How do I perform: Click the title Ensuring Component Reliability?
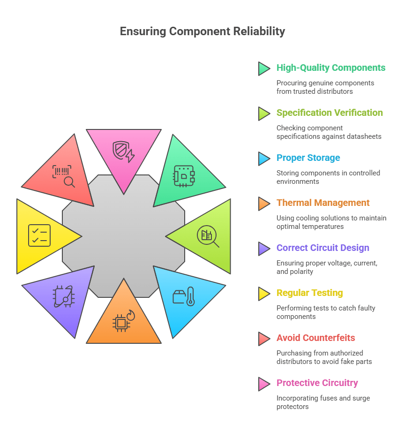202,31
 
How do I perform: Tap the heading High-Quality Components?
330,68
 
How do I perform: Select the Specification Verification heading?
329,113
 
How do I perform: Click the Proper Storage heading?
308,158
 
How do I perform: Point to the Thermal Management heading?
322,203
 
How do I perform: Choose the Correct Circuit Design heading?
322,248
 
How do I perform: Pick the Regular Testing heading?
309,293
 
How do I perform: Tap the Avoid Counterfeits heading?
315,338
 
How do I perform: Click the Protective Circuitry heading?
317,383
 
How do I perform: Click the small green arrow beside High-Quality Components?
263,68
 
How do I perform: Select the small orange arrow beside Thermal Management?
263,204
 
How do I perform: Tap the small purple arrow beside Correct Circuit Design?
263,249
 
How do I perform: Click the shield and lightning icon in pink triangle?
123,151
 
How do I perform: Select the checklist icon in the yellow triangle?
39,235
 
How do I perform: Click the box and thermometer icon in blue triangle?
183,296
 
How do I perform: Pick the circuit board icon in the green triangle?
183,175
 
